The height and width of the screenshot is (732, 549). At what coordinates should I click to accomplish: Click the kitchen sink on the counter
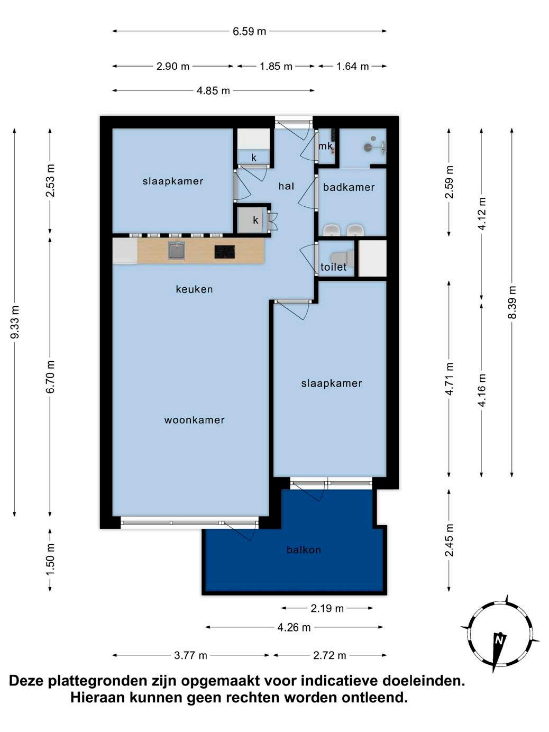[176, 251]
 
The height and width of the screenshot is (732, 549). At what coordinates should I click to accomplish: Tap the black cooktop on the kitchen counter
[224, 252]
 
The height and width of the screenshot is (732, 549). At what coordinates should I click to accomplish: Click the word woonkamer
[194, 420]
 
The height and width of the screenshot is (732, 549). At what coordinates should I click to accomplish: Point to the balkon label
[304, 550]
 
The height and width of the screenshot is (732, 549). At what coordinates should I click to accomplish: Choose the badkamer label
[349, 187]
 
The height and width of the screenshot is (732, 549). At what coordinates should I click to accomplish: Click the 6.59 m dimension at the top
[249, 31]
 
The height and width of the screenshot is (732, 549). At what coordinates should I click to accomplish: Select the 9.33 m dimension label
[15, 322]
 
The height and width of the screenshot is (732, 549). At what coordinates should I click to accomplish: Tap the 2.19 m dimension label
[327, 609]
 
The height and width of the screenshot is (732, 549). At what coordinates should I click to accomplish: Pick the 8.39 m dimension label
[512, 303]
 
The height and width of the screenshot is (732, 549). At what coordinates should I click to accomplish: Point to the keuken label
[194, 289]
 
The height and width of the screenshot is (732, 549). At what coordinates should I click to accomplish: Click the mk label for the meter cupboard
[325, 146]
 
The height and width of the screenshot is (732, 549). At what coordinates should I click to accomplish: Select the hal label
[286, 186]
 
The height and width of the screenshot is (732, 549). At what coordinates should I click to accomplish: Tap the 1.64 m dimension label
[352, 66]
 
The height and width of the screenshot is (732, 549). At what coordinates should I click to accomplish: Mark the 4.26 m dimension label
[294, 628]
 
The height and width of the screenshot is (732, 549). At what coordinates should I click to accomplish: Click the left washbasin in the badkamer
[332, 230]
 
